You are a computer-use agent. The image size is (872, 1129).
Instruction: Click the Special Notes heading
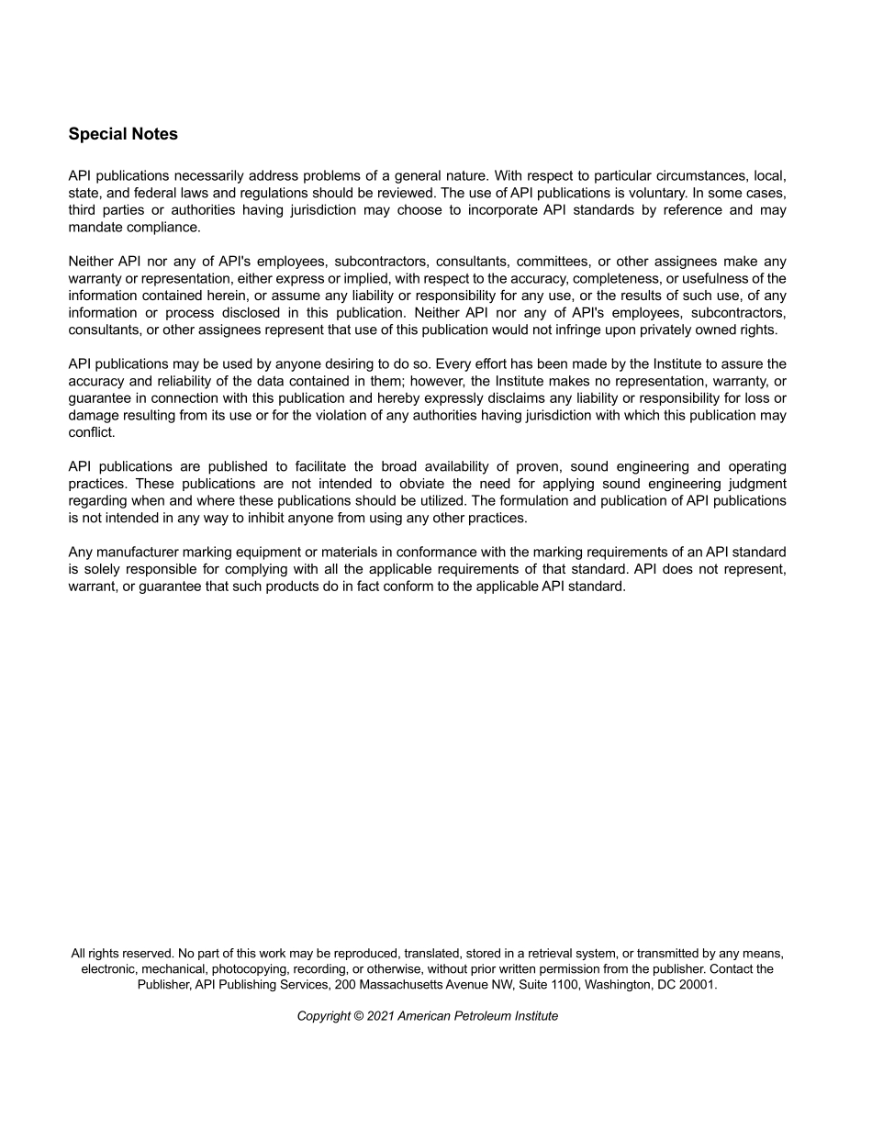123,134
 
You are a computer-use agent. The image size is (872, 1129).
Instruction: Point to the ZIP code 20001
697,985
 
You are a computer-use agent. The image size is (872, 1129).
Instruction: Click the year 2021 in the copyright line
380,1016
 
